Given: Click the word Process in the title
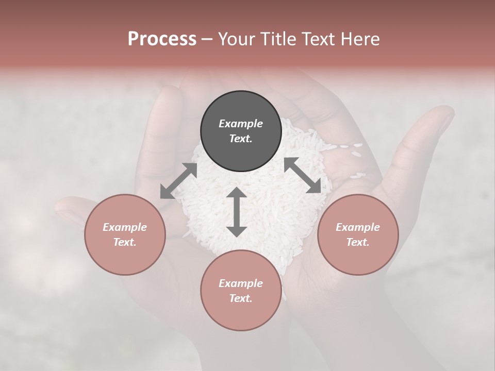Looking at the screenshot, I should coord(162,39).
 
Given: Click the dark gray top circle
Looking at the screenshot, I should coord(241,131).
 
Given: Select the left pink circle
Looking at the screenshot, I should coord(125,234).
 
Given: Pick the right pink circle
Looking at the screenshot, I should coord(358,234).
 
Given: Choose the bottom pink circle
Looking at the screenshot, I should coord(241,291).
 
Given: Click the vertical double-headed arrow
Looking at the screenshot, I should coord(237,212).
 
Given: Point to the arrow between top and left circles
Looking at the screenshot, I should coord(179,181).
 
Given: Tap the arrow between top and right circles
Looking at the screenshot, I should coord(302,175).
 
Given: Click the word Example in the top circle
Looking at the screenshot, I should coord(241,124).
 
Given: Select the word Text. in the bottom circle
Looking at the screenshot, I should coord(241,298).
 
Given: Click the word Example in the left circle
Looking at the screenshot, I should coord(125,227).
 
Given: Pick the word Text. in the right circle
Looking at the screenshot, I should coord(358,242).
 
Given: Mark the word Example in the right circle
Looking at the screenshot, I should coord(358,227).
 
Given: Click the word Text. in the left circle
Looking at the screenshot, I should coord(125,242).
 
